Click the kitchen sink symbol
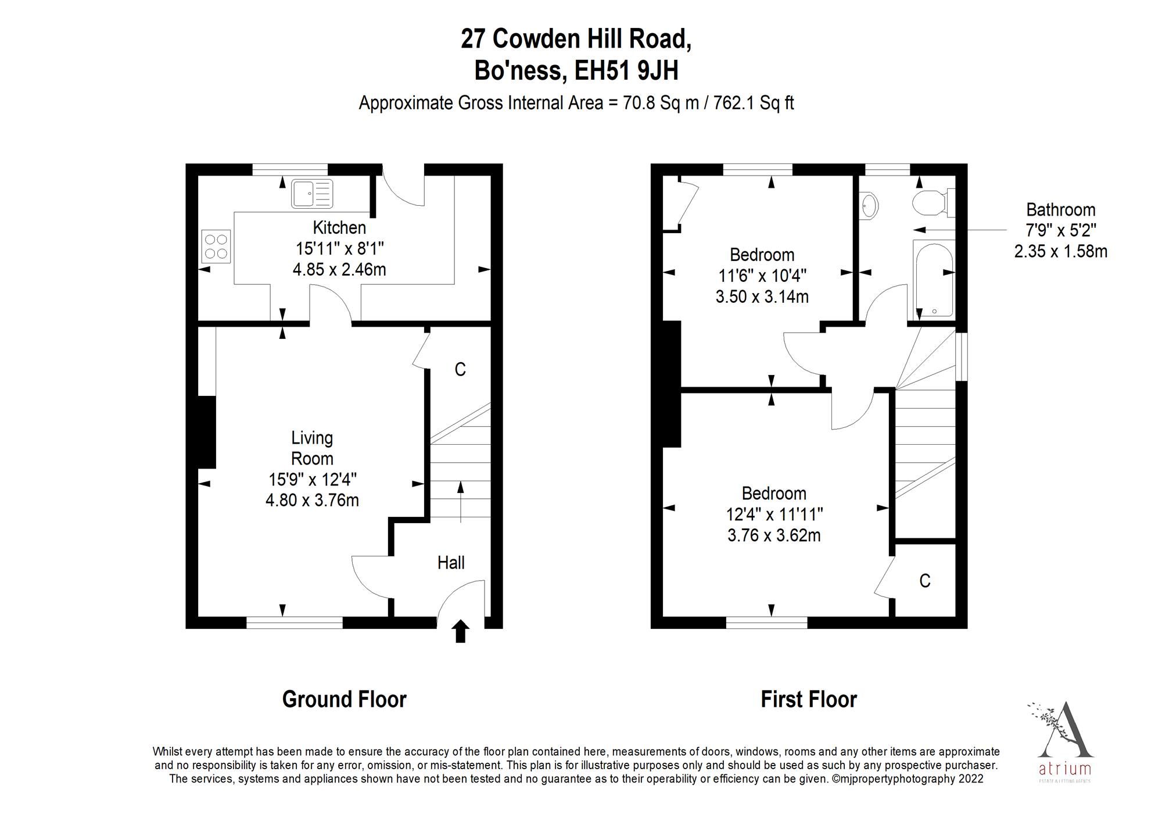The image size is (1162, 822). point(313,194)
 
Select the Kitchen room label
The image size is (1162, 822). point(339,227)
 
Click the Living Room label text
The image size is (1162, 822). point(312,448)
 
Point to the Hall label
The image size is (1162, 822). point(451,563)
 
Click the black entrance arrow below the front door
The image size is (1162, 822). point(461,631)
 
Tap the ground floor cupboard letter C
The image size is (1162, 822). point(460,370)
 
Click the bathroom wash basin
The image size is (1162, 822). point(869,205)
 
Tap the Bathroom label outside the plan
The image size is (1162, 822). point(1060,210)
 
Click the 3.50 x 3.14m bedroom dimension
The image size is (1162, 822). point(762,297)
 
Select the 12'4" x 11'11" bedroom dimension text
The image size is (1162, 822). point(774,514)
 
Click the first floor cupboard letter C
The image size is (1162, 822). point(925,581)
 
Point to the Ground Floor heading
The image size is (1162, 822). point(344,699)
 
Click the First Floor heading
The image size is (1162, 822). point(809,699)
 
